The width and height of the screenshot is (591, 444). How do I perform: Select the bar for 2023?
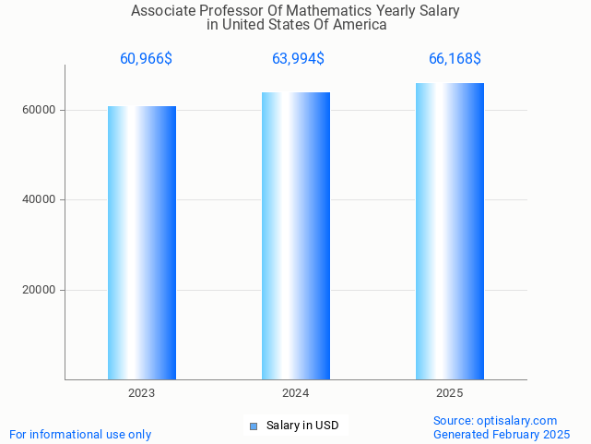pyautogui.click(x=142, y=243)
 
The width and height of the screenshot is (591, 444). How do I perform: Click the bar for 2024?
pyautogui.click(x=296, y=235)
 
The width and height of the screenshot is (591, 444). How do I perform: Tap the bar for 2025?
pyautogui.click(x=450, y=231)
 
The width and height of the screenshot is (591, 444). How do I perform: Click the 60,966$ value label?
pyautogui.click(x=146, y=59)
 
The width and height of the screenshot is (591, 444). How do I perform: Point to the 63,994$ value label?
pyautogui.click(x=298, y=59)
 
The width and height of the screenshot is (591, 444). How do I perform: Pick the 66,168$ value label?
pyautogui.click(x=455, y=59)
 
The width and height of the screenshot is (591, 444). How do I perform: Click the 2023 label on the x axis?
pyautogui.click(x=142, y=393)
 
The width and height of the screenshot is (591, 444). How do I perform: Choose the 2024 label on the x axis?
pyautogui.click(x=296, y=393)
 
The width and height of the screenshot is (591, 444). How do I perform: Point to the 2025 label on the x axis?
pyautogui.click(x=450, y=393)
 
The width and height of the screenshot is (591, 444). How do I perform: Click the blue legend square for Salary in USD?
pyautogui.click(x=254, y=426)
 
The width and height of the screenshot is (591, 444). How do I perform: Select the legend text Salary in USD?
pyautogui.click(x=302, y=426)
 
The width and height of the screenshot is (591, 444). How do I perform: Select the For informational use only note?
pyautogui.click(x=80, y=434)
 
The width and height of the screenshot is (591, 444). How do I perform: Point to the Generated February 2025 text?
pyautogui.click(x=502, y=434)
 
